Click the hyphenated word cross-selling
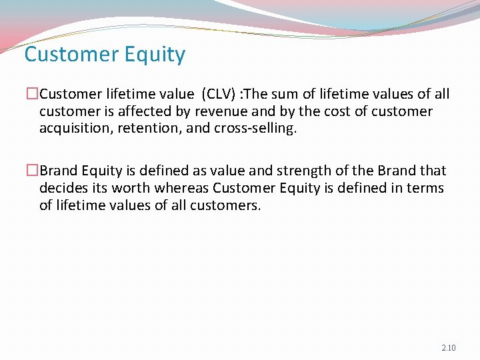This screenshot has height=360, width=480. tap(253, 128)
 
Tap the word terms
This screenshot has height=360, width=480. tap(425, 188)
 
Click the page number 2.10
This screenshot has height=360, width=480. tap(449, 348)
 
